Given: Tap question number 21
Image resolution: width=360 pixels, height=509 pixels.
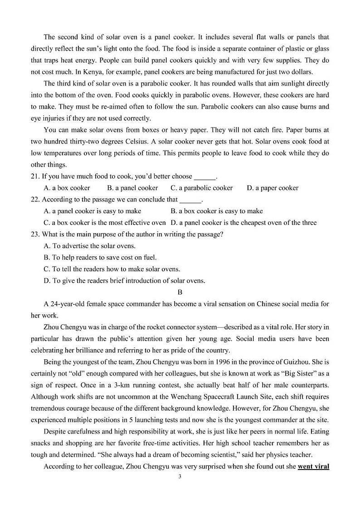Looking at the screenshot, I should tap(35, 176).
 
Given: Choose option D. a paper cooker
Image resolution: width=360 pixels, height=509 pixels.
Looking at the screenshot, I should tap(272, 188).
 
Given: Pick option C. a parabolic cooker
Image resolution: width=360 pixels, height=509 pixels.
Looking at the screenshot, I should tap(201, 188).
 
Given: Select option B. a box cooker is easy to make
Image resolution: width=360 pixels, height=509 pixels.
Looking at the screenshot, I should tap(216, 211).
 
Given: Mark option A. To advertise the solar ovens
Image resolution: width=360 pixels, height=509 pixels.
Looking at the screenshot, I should tap(89, 246).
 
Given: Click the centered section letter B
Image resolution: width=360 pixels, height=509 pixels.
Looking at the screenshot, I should tap(180, 293).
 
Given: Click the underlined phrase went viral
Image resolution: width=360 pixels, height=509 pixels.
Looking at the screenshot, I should tap(313, 466).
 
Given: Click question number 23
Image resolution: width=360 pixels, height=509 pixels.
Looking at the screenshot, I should tap(35, 235).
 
